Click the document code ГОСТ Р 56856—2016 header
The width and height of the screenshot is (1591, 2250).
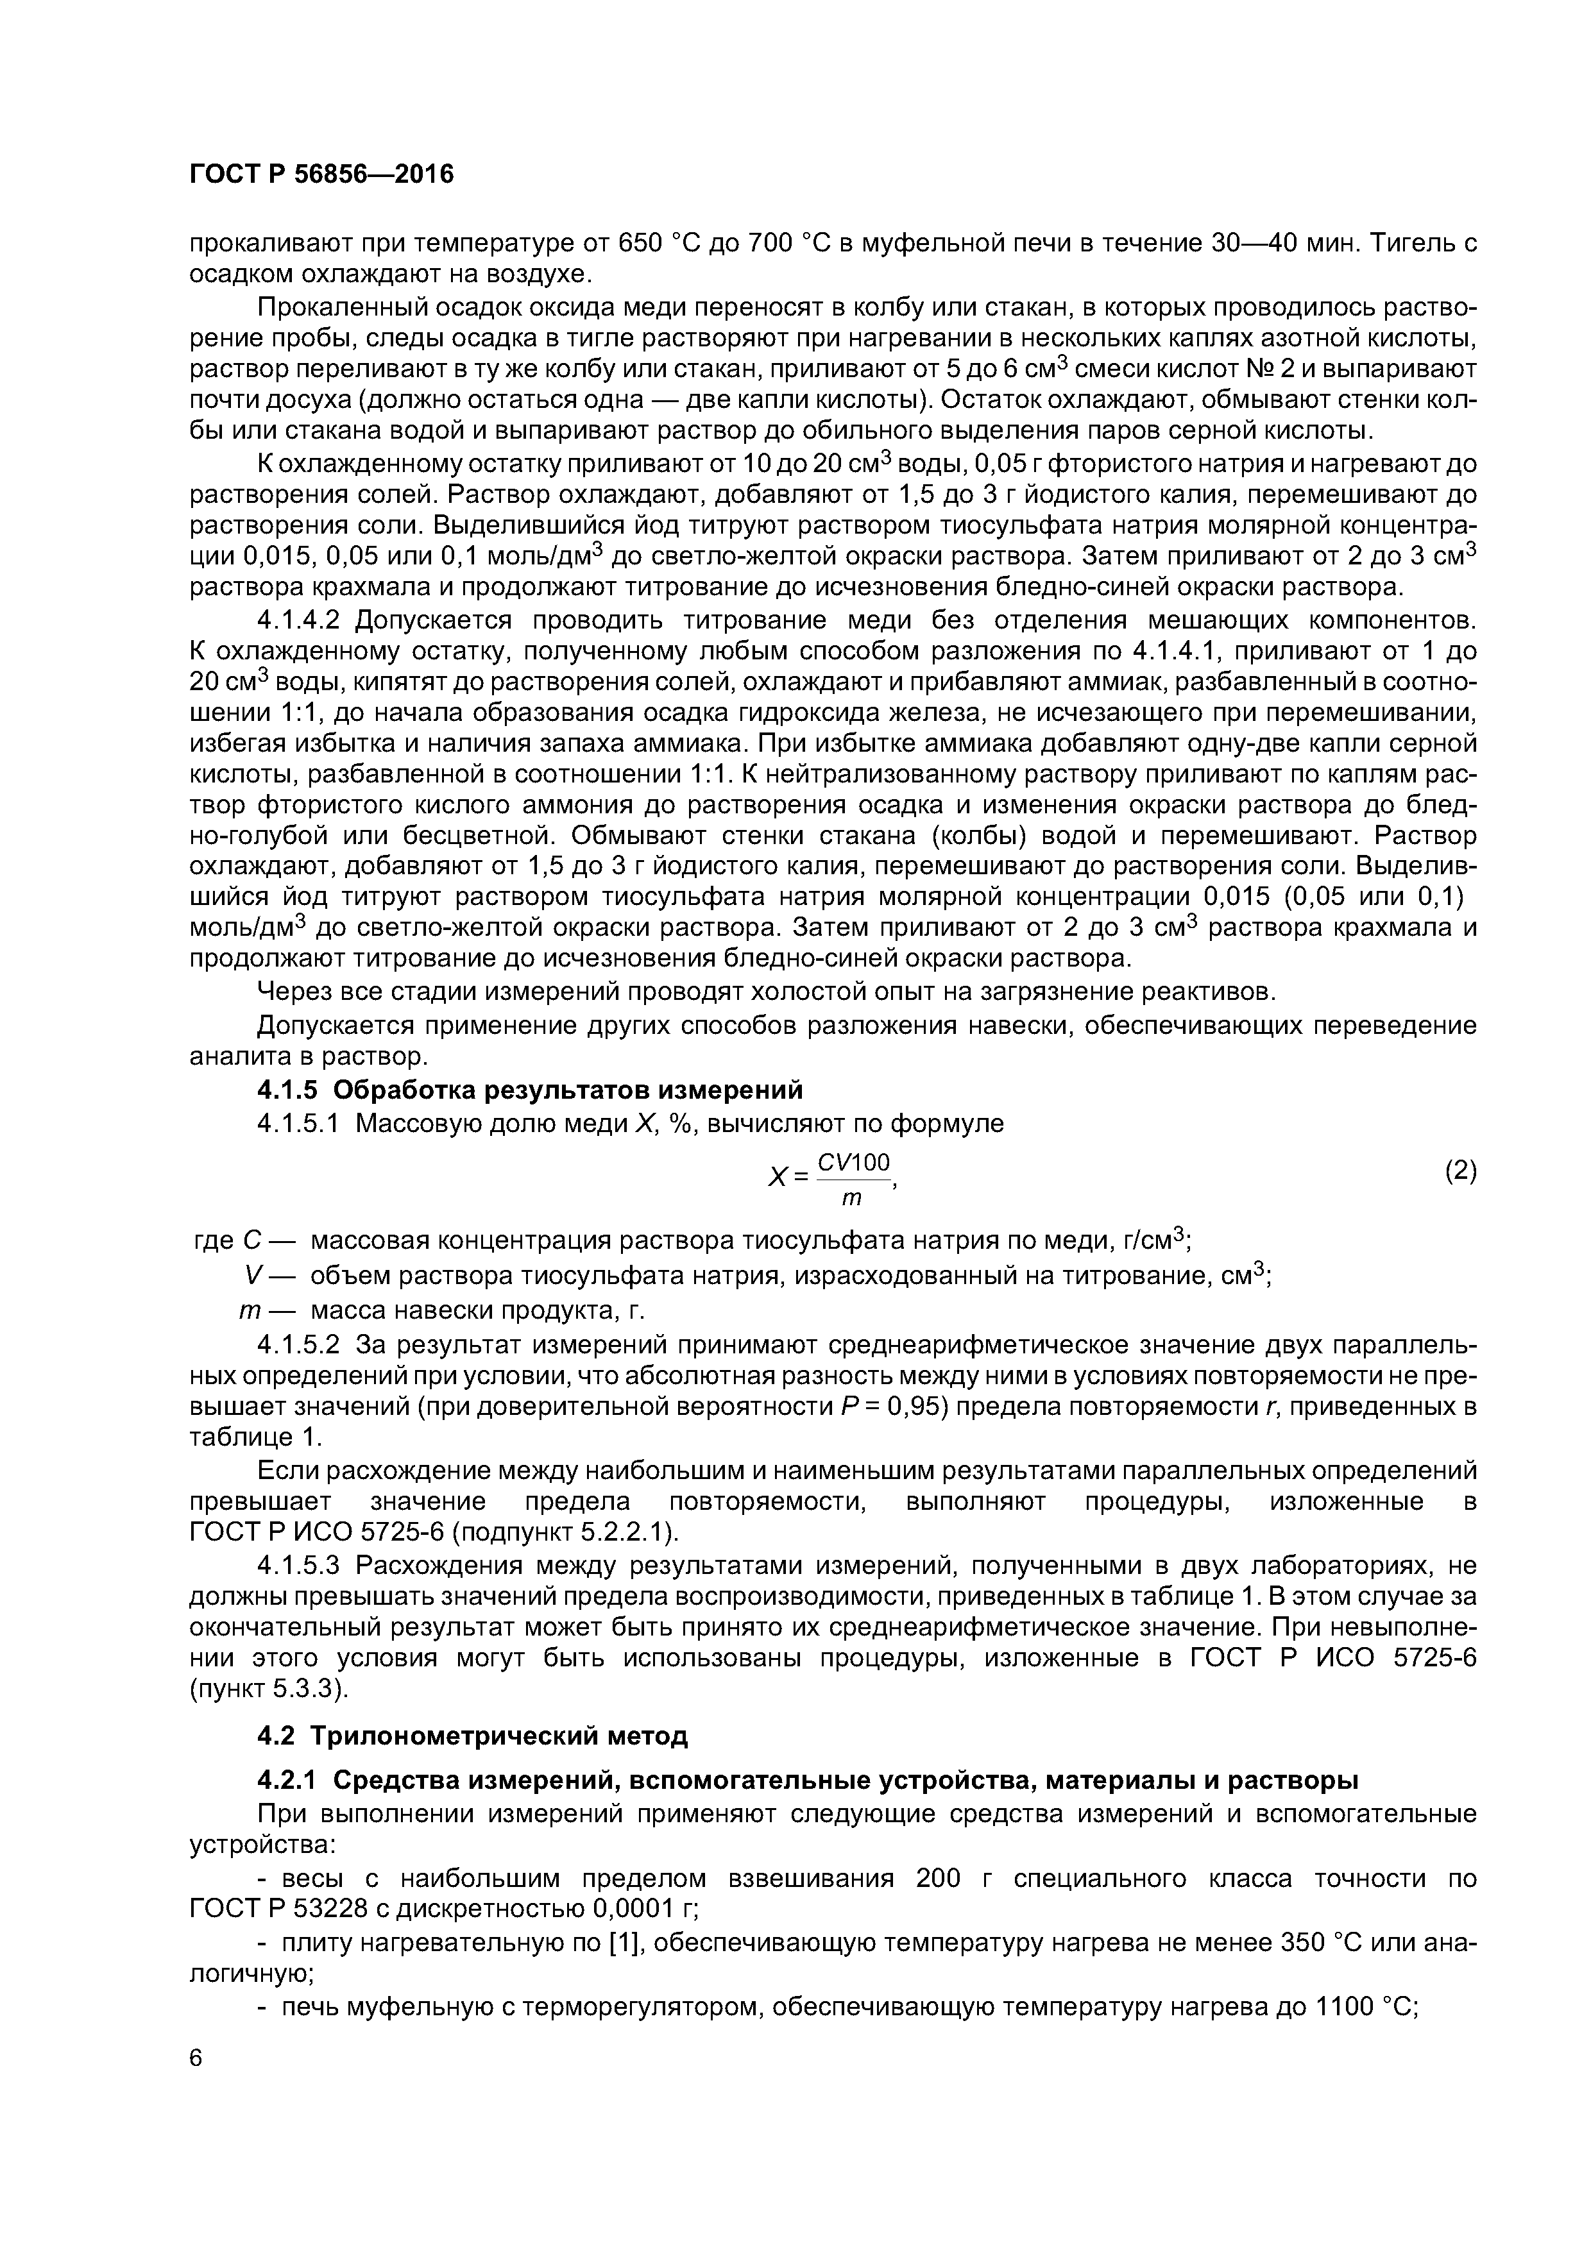[x=321, y=174]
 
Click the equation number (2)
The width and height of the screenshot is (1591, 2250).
[x=1459, y=1171]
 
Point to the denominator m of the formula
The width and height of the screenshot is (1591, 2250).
[x=852, y=1197]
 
